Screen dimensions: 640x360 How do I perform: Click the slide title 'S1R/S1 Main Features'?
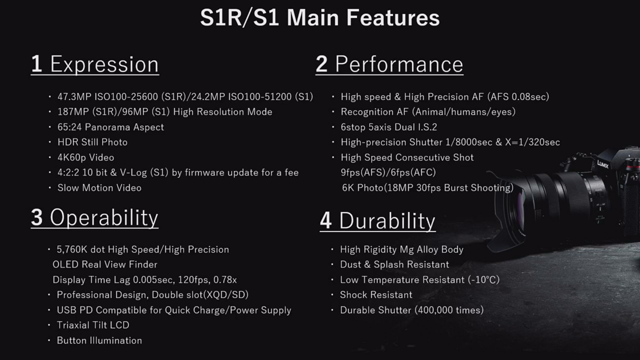pos(320,17)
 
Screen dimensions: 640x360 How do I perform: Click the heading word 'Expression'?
pos(104,65)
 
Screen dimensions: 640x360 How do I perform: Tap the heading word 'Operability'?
pos(104,217)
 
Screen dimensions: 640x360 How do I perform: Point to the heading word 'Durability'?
pos(387,221)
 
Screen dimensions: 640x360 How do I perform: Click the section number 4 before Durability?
pos(326,221)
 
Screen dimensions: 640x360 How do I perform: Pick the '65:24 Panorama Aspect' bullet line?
pos(111,127)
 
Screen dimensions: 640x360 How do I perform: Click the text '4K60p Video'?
pos(86,157)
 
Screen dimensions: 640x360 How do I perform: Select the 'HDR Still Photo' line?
pos(92,142)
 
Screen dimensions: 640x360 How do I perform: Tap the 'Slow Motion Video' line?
pos(99,188)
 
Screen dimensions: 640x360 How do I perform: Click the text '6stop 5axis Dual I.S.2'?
pos(389,127)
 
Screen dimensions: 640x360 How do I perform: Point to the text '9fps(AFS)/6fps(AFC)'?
pos(388,172)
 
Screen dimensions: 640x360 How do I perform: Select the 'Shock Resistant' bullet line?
pos(376,295)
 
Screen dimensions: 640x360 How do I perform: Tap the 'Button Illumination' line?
pos(99,341)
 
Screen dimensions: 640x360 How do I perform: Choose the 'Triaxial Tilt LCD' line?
pos(93,325)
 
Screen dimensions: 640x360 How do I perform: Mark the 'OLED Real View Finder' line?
pos(105,265)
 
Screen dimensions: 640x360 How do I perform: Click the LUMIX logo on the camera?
pos(603,164)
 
